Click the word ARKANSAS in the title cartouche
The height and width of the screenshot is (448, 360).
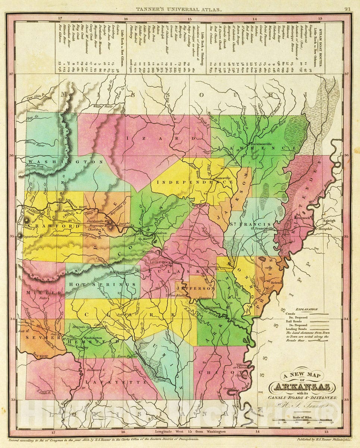click(x=303, y=386)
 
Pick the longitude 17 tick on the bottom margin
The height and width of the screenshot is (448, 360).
click(x=54, y=432)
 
